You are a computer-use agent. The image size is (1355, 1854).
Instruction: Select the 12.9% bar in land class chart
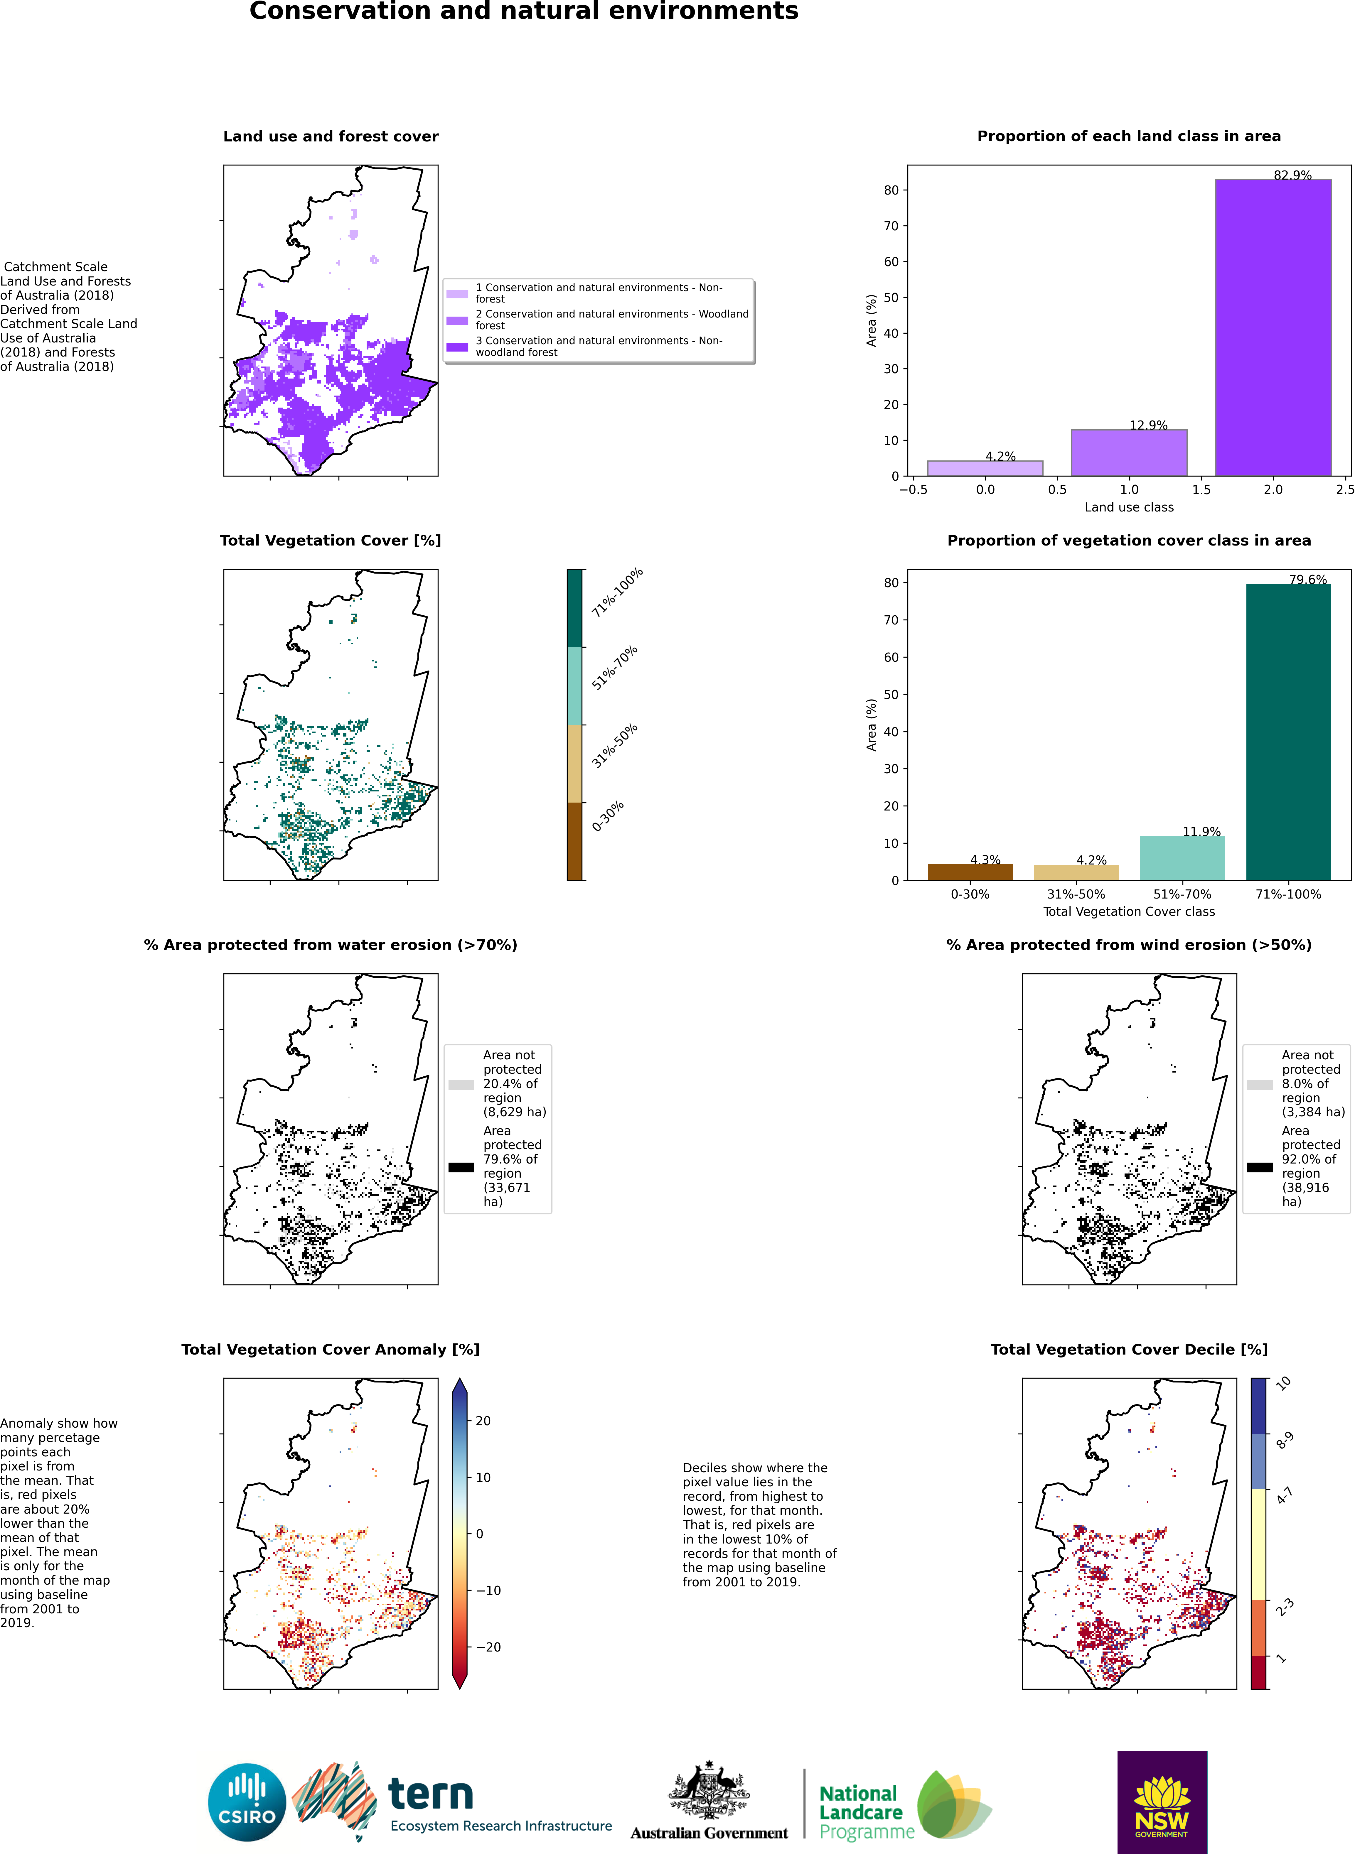click(x=1129, y=452)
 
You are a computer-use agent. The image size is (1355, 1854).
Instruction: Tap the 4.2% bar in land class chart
click(x=985, y=468)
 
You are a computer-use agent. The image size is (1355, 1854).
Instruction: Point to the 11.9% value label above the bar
click(x=1201, y=831)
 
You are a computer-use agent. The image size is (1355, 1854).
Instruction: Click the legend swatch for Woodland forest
click(x=457, y=320)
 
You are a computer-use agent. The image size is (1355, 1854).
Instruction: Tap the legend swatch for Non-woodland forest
click(x=457, y=347)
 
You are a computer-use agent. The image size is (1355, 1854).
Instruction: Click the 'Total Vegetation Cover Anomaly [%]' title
click(x=331, y=1349)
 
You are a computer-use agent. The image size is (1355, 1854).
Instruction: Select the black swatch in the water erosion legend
click(x=461, y=1167)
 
